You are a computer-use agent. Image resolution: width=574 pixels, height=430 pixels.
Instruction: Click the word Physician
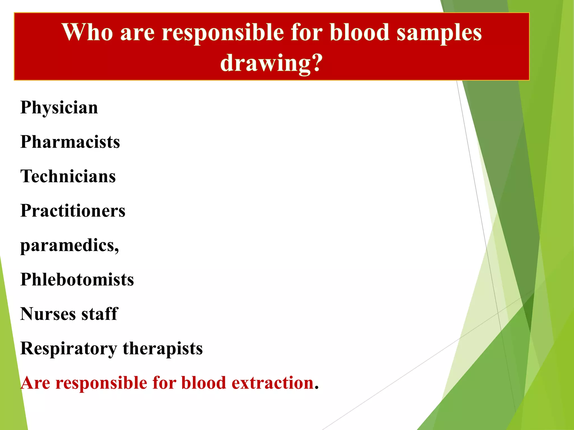(59, 108)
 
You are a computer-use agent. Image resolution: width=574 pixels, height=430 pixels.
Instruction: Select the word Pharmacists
(70, 142)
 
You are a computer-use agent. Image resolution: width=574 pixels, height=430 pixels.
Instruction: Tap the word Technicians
(68, 176)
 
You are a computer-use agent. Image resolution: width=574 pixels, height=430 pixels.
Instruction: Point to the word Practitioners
(73, 211)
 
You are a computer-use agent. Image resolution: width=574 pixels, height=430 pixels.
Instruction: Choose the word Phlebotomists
(77, 280)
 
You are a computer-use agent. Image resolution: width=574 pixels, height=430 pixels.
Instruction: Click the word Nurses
(48, 314)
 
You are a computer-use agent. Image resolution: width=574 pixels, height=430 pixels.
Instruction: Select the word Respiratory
(69, 349)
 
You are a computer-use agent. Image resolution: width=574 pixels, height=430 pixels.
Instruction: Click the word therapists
(163, 349)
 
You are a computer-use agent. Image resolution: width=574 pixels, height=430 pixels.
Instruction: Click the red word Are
(35, 383)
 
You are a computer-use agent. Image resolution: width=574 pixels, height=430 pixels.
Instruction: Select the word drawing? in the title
(271, 63)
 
